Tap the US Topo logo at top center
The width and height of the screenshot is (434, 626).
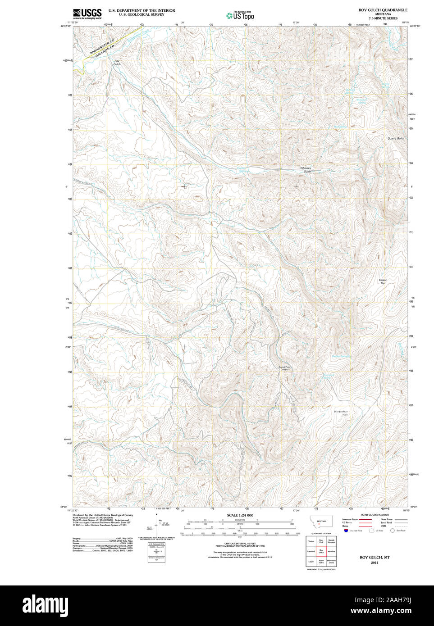[240, 15]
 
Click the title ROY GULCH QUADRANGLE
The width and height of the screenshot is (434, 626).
[383, 10]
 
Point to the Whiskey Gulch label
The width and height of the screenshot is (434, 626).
[306, 170]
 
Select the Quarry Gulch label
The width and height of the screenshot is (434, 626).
[396, 139]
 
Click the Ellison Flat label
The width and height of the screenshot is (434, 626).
[383, 281]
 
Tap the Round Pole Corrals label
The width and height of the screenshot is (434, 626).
[284, 368]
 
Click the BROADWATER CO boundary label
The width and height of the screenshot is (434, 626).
[102, 47]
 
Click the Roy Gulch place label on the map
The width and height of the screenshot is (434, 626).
[117, 63]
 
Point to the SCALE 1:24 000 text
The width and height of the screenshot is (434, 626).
[240, 515]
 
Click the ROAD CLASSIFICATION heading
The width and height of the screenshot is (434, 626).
[375, 515]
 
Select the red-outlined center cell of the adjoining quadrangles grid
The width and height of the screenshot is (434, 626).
[321, 551]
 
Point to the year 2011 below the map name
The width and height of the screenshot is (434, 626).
[375, 563]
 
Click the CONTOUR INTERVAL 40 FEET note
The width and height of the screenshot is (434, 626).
[240, 544]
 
